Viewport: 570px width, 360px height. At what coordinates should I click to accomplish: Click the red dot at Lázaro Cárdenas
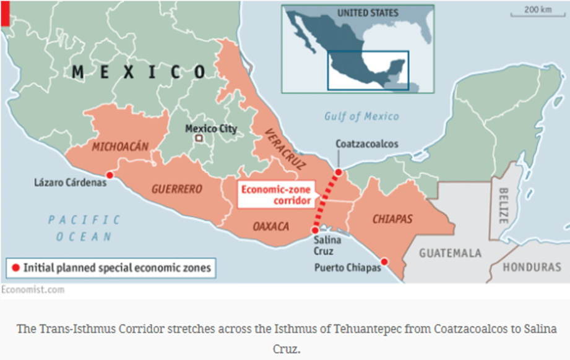[110, 175]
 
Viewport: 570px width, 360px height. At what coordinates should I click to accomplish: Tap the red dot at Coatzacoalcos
[339, 172]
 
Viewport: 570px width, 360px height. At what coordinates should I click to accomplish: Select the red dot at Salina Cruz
[314, 230]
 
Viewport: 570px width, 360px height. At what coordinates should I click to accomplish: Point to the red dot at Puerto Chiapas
[384, 262]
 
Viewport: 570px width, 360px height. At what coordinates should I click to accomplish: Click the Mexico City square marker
[199, 139]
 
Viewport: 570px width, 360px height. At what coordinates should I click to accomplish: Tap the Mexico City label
[211, 129]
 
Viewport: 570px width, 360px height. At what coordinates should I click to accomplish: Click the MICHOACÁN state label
[121, 147]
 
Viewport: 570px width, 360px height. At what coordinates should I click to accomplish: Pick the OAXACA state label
[270, 226]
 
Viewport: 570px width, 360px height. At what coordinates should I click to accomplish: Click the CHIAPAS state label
[392, 219]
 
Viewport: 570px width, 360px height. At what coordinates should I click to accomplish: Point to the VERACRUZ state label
[279, 149]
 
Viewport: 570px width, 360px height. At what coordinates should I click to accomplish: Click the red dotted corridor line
[326, 201]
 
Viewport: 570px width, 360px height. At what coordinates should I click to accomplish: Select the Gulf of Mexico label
[361, 116]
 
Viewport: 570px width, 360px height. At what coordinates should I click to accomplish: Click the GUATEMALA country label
[450, 253]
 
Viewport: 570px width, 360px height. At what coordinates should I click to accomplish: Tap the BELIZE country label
[503, 205]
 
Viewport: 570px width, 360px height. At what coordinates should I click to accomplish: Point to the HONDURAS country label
[532, 267]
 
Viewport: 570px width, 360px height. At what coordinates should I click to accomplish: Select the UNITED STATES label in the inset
[368, 13]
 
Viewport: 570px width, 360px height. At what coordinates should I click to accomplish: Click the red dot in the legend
[15, 268]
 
